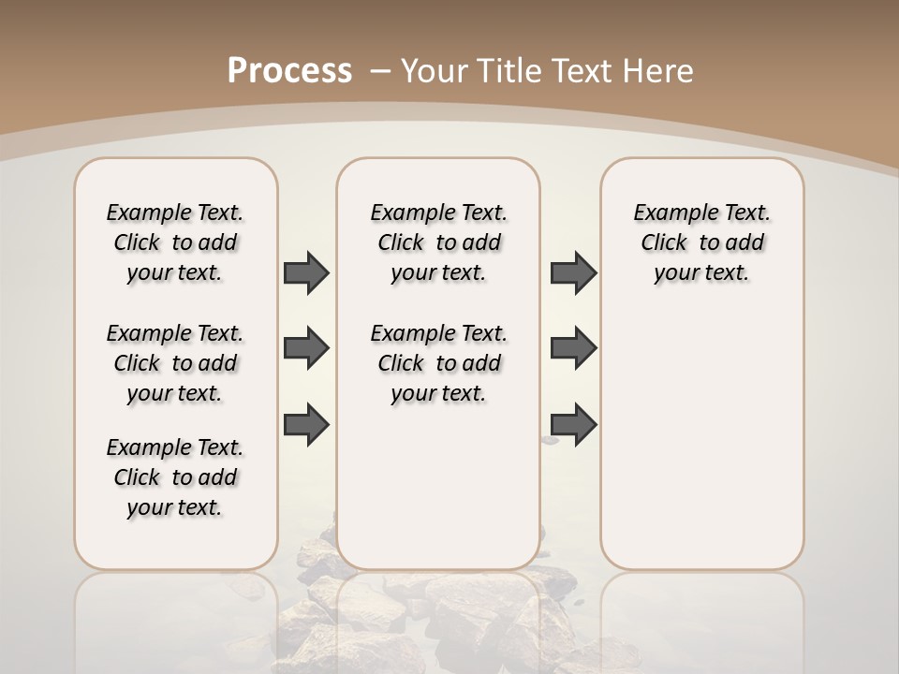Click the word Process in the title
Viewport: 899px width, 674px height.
click(x=289, y=71)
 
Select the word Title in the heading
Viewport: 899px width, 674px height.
click(x=511, y=71)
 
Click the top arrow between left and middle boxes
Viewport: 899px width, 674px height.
click(x=306, y=272)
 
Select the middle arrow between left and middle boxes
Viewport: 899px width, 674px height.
click(x=306, y=348)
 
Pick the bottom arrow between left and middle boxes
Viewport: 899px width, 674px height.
click(x=306, y=424)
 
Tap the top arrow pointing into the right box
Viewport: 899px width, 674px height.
click(x=573, y=272)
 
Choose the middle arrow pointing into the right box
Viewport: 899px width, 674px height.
click(x=573, y=348)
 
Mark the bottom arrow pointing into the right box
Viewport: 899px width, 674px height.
click(x=573, y=424)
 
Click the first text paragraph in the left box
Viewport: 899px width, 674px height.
click(x=175, y=242)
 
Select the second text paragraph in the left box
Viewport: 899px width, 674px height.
click(x=175, y=363)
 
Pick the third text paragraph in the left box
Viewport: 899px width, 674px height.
click(x=175, y=477)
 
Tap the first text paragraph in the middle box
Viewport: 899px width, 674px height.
click(x=438, y=242)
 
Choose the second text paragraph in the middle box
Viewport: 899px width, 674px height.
click(x=438, y=363)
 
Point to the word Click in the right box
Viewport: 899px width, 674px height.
click(x=664, y=243)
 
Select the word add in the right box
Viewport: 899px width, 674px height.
click(x=744, y=243)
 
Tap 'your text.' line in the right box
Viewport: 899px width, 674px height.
click(x=701, y=273)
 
